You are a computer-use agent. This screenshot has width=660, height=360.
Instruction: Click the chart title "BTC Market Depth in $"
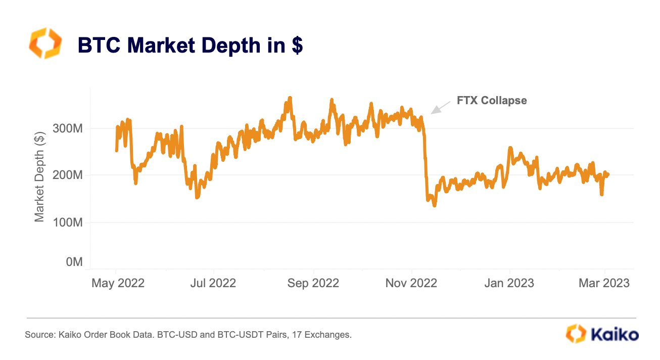[190, 46]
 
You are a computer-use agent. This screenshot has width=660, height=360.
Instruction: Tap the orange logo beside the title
[45, 43]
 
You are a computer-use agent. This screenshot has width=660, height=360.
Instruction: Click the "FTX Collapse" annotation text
[492, 101]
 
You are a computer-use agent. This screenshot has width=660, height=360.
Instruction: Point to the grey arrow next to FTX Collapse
[440, 107]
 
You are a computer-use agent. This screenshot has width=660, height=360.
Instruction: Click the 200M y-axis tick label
[68, 175]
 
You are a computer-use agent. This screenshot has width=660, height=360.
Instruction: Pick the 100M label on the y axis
[68, 222]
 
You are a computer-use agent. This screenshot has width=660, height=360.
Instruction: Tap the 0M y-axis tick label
[74, 262]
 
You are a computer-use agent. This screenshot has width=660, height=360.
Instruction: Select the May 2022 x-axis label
[118, 283]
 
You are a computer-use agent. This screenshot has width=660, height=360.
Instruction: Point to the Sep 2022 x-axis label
[313, 283]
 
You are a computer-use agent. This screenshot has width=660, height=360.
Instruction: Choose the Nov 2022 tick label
[411, 283]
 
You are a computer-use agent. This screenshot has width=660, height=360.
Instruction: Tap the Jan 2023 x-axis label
[509, 283]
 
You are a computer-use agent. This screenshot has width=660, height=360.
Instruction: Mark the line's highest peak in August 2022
[290, 98]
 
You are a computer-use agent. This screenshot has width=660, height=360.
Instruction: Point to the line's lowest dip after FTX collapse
[434, 205]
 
